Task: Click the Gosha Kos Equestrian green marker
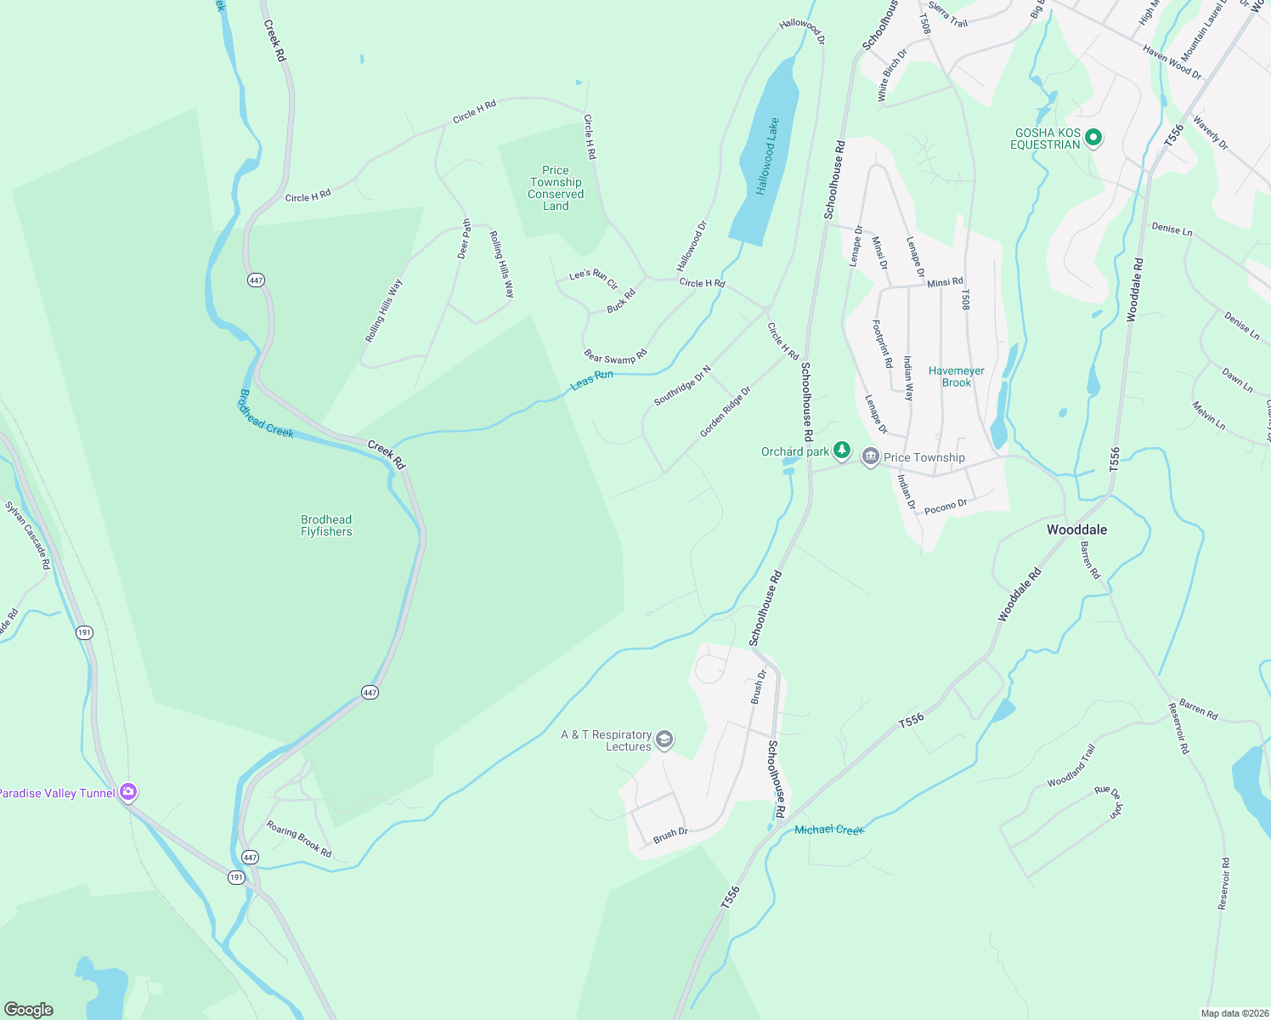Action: click(1093, 138)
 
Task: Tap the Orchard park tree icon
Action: click(841, 450)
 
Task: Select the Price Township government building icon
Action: click(870, 457)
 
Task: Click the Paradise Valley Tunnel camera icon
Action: click(128, 792)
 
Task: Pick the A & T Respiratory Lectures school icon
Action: click(665, 740)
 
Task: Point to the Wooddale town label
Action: click(1076, 530)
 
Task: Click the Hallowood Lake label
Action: click(768, 156)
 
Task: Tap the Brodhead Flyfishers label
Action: click(326, 525)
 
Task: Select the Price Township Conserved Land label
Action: click(556, 188)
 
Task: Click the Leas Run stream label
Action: click(591, 379)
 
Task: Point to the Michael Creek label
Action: click(828, 830)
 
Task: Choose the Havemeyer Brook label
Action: click(956, 377)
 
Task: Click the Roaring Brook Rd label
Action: click(299, 838)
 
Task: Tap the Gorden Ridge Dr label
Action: click(725, 412)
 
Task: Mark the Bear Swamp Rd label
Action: click(616, 357)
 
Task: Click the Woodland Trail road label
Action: click(1071, 766)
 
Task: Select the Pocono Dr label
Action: click(946, 507)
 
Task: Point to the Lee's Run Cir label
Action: click(593, 278)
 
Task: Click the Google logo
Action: click(29, 1009)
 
